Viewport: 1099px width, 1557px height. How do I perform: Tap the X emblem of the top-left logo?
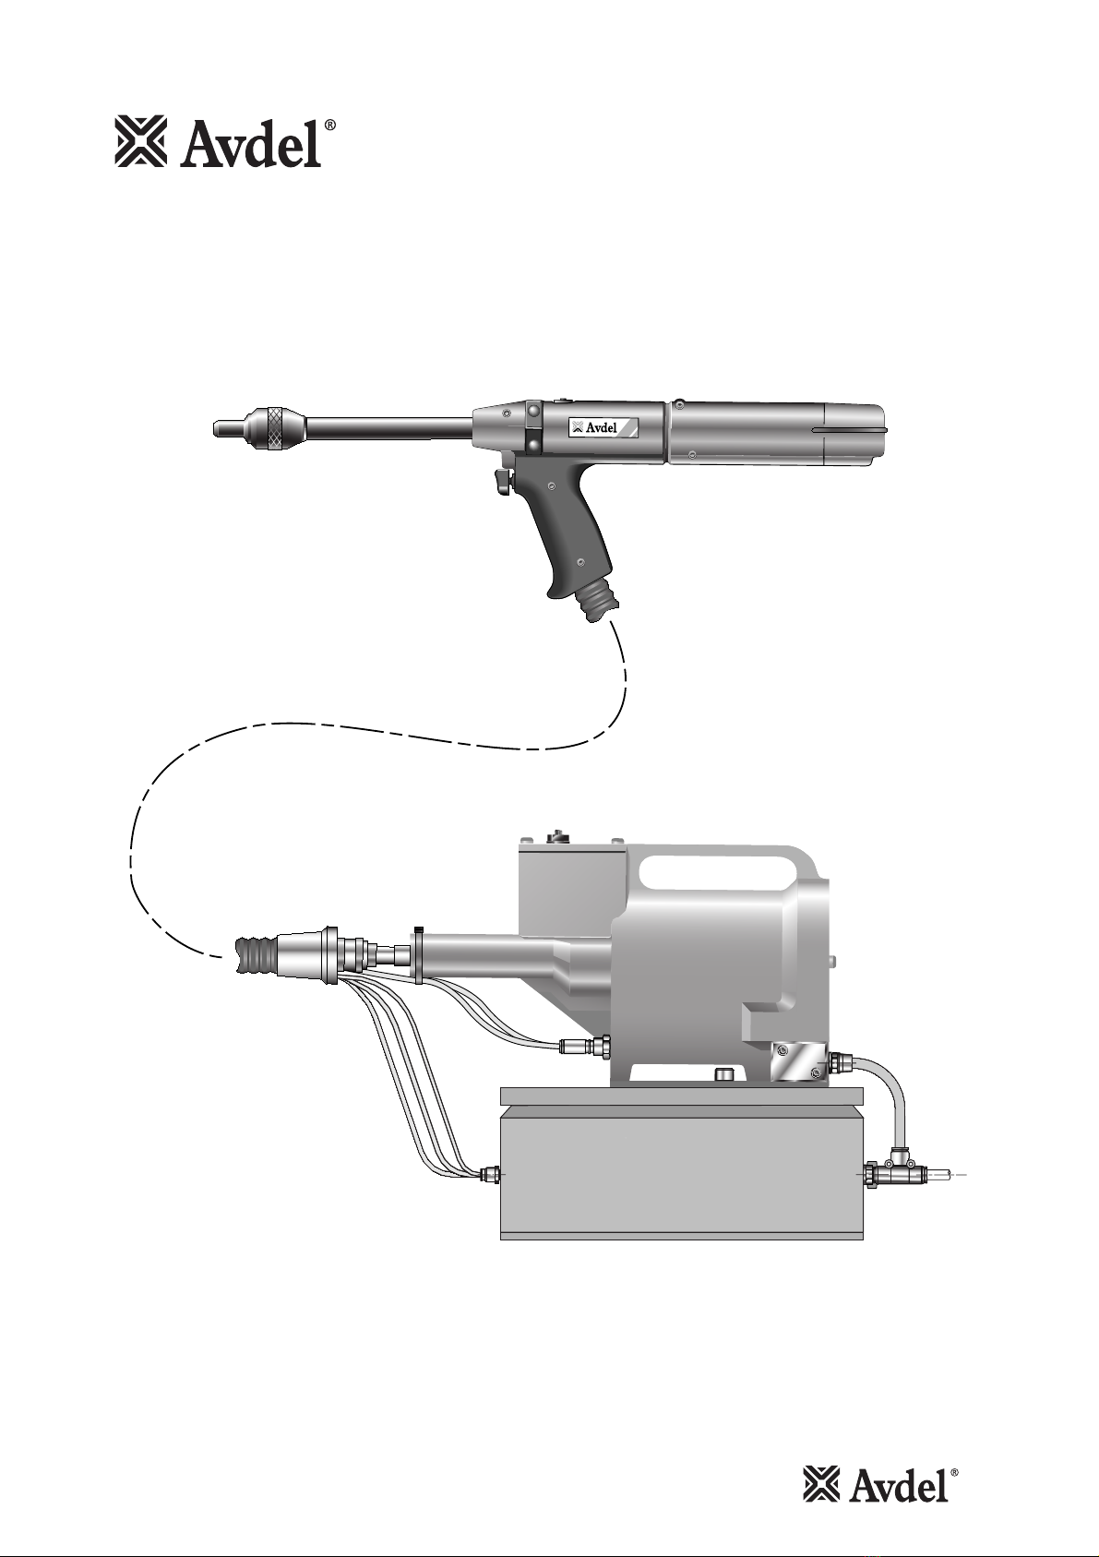(140, 142)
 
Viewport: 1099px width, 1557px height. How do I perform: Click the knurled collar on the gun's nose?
(278, 426)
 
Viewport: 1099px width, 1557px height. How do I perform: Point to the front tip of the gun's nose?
(215, 426)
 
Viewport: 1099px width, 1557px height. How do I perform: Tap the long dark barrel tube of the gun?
(389, 426)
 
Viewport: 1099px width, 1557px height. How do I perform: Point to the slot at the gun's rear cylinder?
(853, 431)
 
